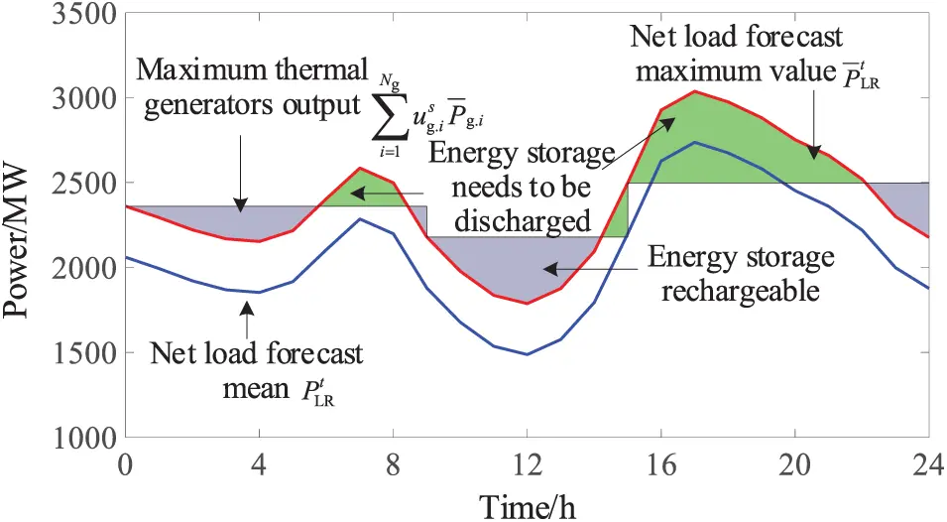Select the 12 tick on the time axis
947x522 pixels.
(527, 464)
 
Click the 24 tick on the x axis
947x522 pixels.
(928, 464)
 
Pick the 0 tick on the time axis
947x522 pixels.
(125, 464)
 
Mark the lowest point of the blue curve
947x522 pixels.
(527, 353)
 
